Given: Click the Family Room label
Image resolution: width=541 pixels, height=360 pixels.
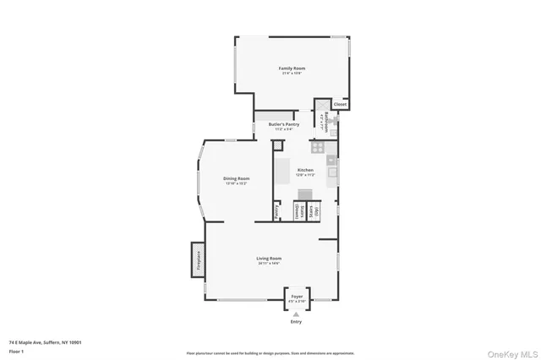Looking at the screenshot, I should [x=292, y=68].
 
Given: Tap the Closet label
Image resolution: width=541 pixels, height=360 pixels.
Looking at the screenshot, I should [x=340, y=105].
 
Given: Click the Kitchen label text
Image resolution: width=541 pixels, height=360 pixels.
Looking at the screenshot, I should [x=305, y=171].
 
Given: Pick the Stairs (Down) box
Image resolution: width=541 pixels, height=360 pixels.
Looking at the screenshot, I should [x=298, y=211].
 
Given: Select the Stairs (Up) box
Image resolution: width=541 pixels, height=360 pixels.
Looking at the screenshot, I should [x=314, y=210].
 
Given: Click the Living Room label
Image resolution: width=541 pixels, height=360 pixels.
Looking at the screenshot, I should [x=270, y=259].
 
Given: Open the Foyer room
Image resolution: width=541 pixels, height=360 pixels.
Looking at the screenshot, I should [x=297, y=297].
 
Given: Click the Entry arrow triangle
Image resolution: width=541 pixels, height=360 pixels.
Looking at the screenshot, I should [x=296, y=314].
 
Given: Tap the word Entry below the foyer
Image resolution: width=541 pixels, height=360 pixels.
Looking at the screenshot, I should [x=296, y=322].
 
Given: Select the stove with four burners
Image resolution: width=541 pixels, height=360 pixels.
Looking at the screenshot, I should [x=319, y=146].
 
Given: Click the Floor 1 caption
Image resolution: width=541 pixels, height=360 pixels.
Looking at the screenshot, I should [x=16, y=350].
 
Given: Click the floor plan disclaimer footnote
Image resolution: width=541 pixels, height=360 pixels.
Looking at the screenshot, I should [x=270, y=352].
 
